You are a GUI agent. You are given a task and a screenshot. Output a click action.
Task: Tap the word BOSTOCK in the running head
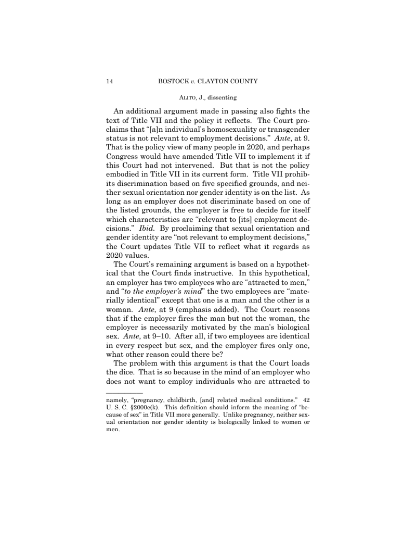[172, 81]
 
